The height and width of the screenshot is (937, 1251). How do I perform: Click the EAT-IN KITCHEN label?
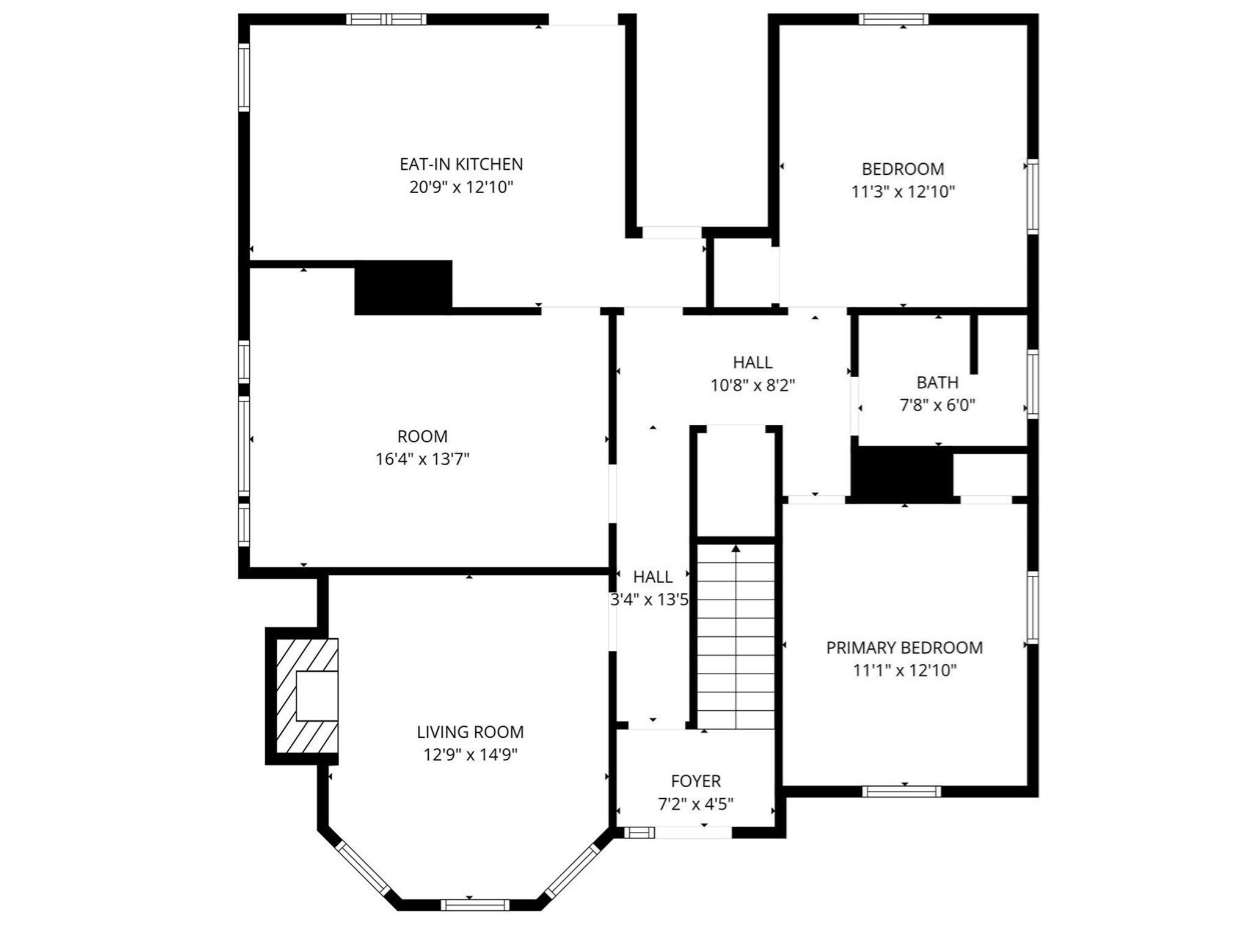tap(461, 164)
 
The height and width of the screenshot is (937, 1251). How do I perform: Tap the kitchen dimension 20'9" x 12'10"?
tap(461, 187)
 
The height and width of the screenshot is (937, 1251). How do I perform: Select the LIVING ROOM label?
tap(470, 732)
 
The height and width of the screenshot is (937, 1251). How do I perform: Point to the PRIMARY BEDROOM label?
tap(905, 647)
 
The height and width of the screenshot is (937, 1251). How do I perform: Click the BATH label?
tap(938, 383)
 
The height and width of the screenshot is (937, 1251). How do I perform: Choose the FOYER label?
tap(696, 781)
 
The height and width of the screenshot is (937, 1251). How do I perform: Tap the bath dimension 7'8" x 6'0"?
tap(938, 405)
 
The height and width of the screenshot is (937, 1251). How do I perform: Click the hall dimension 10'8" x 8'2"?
tap(753, 386)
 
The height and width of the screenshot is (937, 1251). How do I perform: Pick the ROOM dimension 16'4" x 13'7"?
tap(423, 459)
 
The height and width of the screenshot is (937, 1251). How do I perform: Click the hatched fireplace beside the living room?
tap(307, 696)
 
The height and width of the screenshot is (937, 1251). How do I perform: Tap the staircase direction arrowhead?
tap(736, 548)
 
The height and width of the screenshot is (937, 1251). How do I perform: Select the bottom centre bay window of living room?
tap(475, 905)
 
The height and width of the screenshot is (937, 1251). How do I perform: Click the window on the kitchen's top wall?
tap(387, 19)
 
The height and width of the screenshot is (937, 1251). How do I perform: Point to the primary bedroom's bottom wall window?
tap(902, 792)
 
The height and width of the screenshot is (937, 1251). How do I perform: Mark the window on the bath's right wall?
tap(1032, 384)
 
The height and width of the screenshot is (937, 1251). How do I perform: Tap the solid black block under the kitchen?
tap(404, 287)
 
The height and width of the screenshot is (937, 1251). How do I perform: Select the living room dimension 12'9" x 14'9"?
tap(470, 755)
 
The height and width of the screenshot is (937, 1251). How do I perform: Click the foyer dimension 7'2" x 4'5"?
tap(696, 804)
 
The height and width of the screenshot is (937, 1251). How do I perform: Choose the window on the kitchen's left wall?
tap(244, 77)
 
